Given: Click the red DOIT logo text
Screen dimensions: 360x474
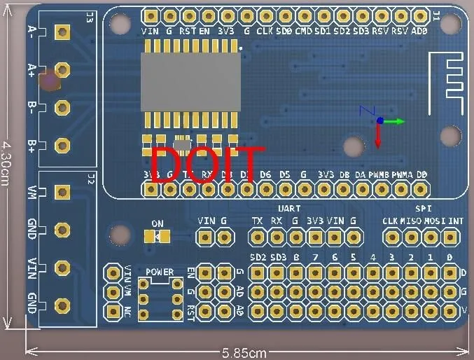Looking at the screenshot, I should pos(208,165).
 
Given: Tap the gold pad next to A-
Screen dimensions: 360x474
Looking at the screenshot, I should pos(62,32).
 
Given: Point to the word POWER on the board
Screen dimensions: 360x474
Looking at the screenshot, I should pos(160,272).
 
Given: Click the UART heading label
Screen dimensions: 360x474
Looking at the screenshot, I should pos(289,209).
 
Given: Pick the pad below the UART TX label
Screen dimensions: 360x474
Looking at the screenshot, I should pos(258,237).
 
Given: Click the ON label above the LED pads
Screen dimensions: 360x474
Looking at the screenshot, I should pos(158,224).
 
